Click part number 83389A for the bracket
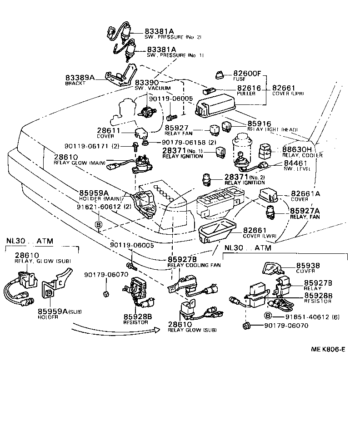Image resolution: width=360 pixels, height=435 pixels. [x=80, y=78]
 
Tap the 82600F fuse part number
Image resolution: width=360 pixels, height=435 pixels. [x=247, y=73]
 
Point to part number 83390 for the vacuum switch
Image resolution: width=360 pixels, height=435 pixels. [x=146, y=83]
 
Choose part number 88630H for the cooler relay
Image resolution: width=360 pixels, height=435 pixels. [x=297, y=149]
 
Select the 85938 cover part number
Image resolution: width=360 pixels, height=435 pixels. [x=308, y=266]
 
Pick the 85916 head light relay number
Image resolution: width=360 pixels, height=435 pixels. [x=259, y=124]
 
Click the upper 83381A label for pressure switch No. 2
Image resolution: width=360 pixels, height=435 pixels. [x=160, y=31]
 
